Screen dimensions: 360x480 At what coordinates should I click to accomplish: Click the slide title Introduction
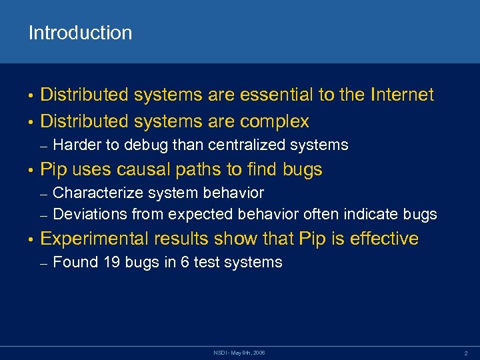80,33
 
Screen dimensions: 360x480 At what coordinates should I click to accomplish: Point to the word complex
275,121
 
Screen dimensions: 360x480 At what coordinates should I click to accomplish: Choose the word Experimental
95,239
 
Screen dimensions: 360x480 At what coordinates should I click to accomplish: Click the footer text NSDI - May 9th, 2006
239,351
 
